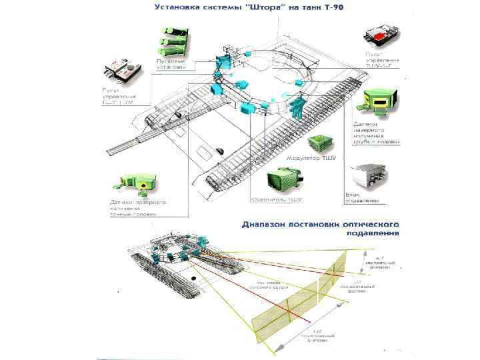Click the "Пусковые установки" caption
pos(171,64)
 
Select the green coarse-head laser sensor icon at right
pos(377,100)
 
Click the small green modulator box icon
pos(319,143)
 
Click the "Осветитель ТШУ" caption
pos(277,199)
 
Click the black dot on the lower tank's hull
pos(193,275)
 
